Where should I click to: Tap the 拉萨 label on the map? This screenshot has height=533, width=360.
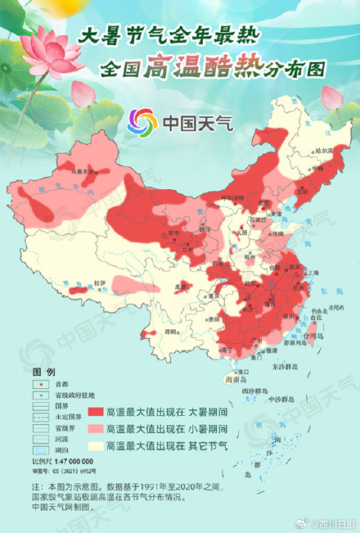point(100,282)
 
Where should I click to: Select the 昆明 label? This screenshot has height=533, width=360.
point(171,332)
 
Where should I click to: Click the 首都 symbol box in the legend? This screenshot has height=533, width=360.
point(38,384)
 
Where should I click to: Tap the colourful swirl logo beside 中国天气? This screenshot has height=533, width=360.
point(142,124)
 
